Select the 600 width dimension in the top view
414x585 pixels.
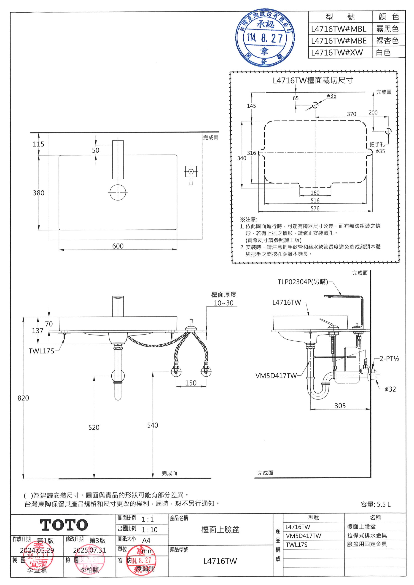point(118,246)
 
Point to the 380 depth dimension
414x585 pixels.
point(38,193)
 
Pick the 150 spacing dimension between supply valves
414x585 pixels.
point(191,383)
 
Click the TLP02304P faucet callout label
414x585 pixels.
point(303,282)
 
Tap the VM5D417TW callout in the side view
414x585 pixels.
point(276,375)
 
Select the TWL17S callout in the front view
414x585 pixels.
point(41,351)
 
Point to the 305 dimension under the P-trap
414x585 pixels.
point(340,406)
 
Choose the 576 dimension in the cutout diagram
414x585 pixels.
point(315,208)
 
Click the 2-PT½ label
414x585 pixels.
point(389,359)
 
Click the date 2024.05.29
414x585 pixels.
point(37,550)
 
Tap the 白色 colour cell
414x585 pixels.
point(383,53)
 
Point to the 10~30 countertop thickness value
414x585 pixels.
point(224,303)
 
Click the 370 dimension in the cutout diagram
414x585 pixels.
point(352,114)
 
